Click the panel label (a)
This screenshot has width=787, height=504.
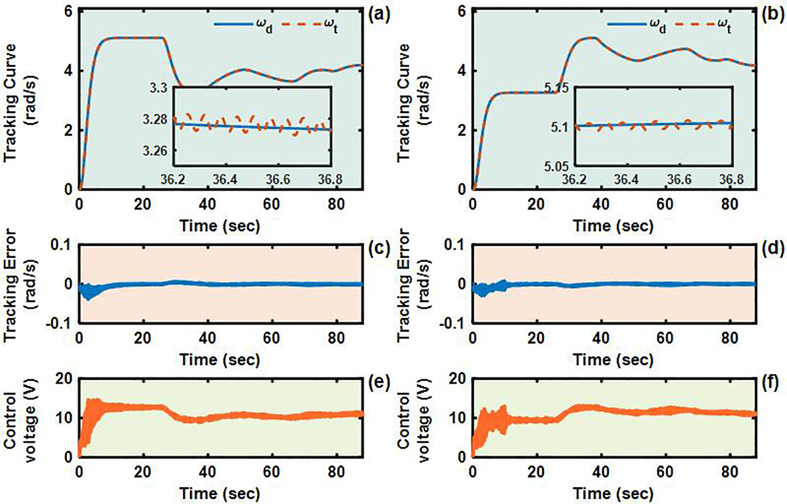pos(379,15)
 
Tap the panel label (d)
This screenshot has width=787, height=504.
pos(773,248)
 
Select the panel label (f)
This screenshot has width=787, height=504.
pos(773,383)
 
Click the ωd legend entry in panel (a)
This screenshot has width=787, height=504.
pos(243,25)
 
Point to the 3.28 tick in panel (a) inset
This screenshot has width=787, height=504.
pos(155,119)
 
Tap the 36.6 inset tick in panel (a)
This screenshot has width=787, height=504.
pos(277,180)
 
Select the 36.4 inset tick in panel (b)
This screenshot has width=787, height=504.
pos(626,180)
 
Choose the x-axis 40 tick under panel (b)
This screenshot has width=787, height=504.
pos(600,204)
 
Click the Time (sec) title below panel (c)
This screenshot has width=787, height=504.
pos(220,359)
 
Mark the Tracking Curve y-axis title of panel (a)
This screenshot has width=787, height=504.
pos(20,102)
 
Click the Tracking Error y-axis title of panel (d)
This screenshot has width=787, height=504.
pos(413,284)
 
